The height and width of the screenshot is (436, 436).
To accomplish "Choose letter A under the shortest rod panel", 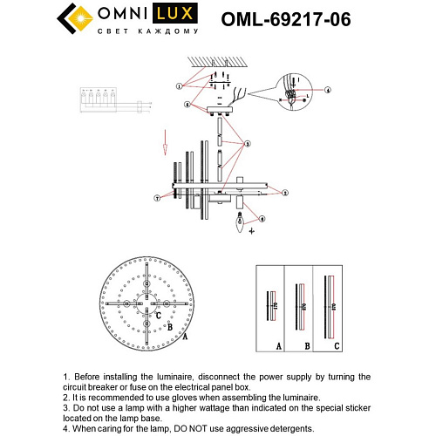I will (x=278, y=345).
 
